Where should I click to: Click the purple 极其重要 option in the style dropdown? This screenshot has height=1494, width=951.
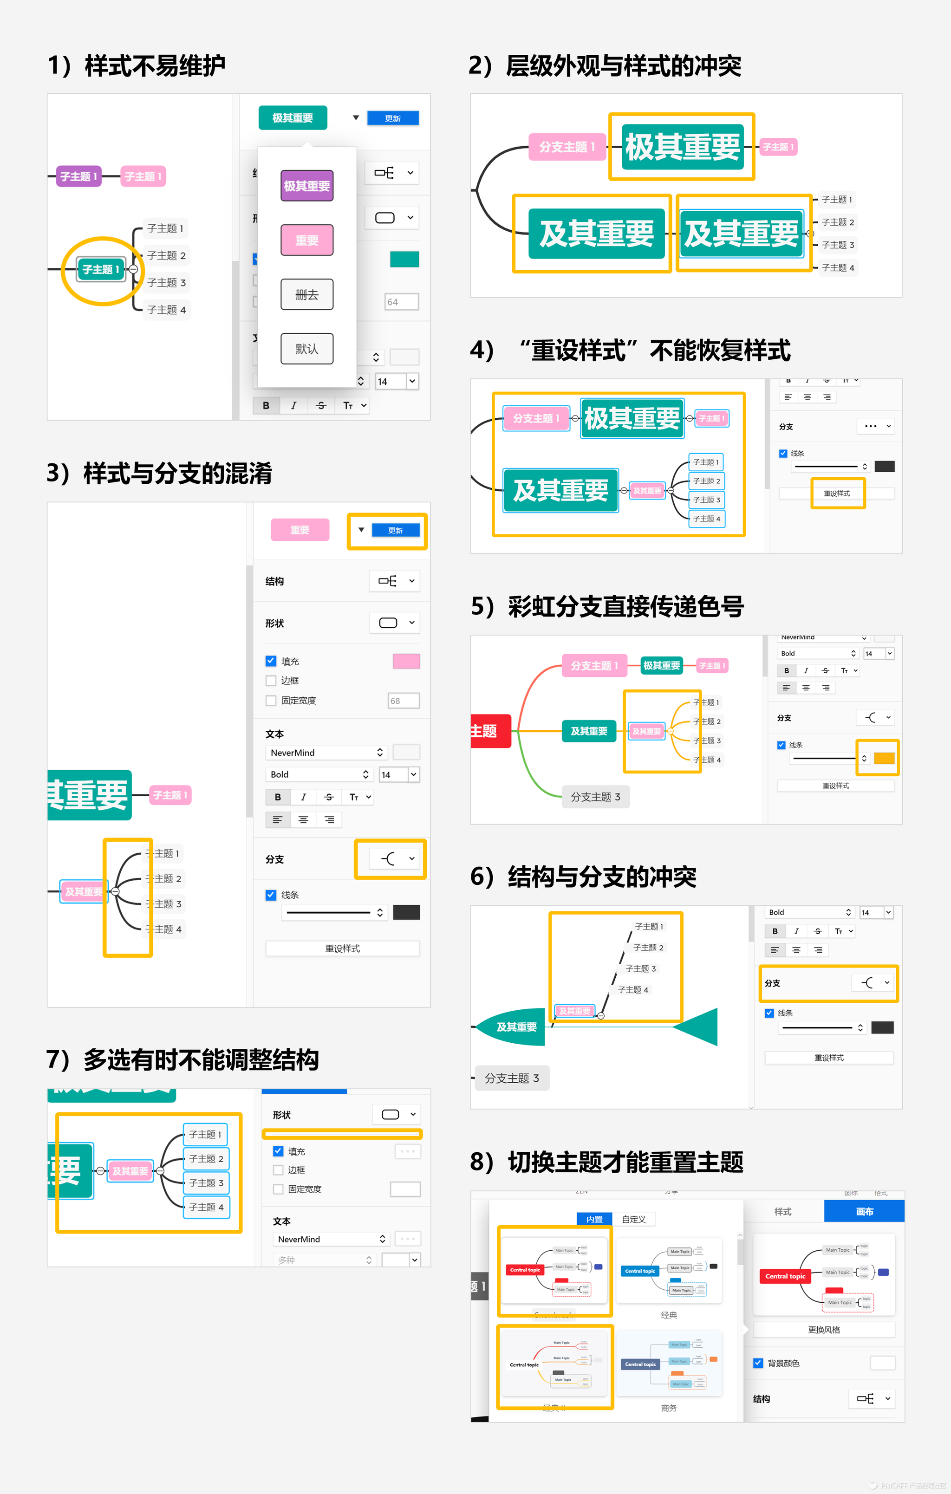(x=306, y=186)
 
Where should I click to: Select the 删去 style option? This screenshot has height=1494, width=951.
(x=306, y=295)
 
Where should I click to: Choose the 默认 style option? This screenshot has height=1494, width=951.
(x=306, y=349)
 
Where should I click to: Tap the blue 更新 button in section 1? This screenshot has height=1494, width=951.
(x=392, y=118)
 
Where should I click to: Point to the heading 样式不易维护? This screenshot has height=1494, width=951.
(x=155, y=66)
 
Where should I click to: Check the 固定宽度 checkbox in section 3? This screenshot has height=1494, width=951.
(x=271, y=701)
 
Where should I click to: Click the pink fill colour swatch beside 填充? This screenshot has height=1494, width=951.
(x=406, y=662)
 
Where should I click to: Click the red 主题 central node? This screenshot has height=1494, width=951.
(x=490, y=731)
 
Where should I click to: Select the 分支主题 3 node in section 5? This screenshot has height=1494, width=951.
(x=595, y=797)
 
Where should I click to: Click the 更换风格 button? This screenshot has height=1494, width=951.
(x=824, y=1330)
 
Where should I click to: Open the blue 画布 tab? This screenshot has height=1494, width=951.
(x=864, y=1212)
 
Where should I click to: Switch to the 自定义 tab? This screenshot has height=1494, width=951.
(x=633, y=1219)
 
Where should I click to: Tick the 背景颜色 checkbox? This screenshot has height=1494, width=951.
(x=758, y=1363)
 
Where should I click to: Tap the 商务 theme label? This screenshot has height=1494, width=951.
(x=669, y=1408)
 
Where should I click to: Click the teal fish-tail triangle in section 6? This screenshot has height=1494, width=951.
(x=698, y=1027)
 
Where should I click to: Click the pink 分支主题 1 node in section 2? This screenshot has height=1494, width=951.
(x=567, y=147)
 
